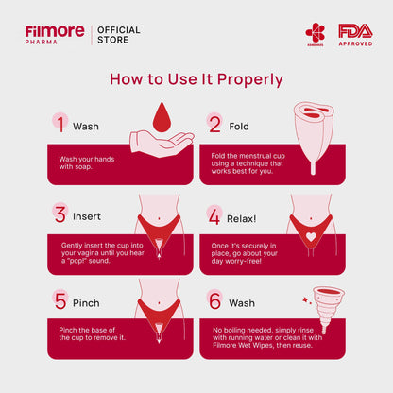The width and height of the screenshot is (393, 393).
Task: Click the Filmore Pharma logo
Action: pyautogui.click(x=55, y=35)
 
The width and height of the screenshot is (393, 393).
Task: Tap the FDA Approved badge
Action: pyautogui.click(x=355, y=35)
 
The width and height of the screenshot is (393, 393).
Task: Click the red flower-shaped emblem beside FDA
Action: pyautogui.click(x=315, y=34)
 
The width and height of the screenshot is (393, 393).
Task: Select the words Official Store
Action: pyautogui.click(x=119, y=35)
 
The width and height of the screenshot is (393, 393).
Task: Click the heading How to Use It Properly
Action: pyautogui.click(x=196, y=79)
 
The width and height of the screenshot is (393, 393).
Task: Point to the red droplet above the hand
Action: pyautogui.click(x=162, y=117)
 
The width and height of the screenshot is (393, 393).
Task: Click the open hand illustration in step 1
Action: pyautogui.click(x=162, y=144)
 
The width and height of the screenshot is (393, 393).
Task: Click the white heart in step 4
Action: pyautogui.click(x=311, y=237)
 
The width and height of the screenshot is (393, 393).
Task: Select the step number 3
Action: pyautogui.click(x=60, y=214)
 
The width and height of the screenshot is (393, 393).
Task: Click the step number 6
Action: pyautogui.click(x=215, y=300)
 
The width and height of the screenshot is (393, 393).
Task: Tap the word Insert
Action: pyautogui.click(x=87, y=216)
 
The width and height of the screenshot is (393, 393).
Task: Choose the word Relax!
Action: pyautogui.click(x=242, y=219)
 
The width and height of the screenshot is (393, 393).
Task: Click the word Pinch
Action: pyautogui.click(x=86, y=303)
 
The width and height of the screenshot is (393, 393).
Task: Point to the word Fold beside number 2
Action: pyautogui.click(x=239, y=127)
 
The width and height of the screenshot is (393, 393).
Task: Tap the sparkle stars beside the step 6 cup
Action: pyautogui.click(x=307, y=300)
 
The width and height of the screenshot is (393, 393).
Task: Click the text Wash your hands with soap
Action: pyautogui.click(x=87, y=162)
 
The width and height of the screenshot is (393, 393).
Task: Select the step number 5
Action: pyautogui.click(x=60, y=300)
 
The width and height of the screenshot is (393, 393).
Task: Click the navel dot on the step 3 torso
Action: pyautogui.click(x=160, y=218)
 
